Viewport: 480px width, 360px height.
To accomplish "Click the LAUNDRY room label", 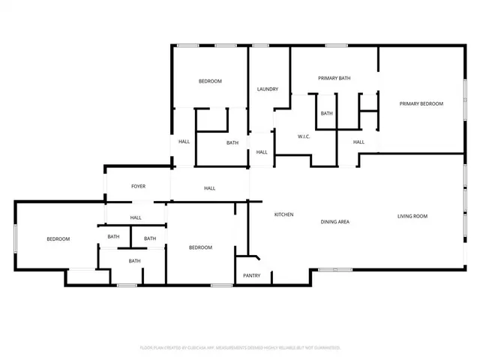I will [x=268, y=89].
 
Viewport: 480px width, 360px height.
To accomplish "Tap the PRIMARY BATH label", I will [x=334, y=78].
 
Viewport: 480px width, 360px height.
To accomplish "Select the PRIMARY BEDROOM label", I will [x=421, y=103].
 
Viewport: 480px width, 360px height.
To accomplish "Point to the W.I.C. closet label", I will [x=304, y=136].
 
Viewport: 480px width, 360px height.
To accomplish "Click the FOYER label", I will [x=138, y=186].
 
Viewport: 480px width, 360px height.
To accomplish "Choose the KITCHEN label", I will [x=283, y=215].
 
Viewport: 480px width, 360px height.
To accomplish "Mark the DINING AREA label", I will [x=335, y=221].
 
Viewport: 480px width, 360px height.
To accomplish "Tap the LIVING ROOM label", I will [x=412, y=216].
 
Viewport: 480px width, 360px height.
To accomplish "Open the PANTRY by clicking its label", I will [x=251, y=275].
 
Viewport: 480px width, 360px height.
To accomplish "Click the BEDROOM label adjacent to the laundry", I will [x=210, y=81].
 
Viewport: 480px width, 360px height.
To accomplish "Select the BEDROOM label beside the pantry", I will [x=200, y=247].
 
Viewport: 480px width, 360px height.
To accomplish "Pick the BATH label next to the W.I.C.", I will [x=326, y=113].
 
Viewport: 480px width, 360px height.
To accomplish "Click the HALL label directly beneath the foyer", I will [x=136, y=217].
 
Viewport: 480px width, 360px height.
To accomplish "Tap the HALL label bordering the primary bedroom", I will [x=358, y=142].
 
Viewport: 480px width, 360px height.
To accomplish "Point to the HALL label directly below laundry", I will [x=261, y=152].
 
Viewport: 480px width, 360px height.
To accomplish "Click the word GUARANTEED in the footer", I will [x=325, y=348].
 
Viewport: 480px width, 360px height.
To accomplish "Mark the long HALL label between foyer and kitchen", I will [x=210, y=188].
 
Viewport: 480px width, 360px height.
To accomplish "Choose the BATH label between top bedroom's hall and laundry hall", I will [x=232, y=142].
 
